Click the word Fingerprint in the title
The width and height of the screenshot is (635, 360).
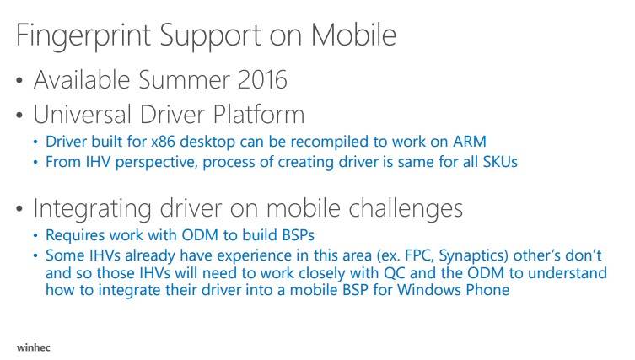click(x=83, y=35)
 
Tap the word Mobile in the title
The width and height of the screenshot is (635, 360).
click(x=353, y=35)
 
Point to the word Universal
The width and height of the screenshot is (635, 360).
click(x=82, y=114)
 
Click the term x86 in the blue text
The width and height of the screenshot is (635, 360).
click(x=164, y=142)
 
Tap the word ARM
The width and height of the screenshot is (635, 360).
click(x=470, y=142)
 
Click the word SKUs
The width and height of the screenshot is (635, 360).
click(x=500, y=162)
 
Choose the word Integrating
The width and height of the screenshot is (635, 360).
click(x=92, y=209)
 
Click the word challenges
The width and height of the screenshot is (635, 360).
click(x=406, y=209)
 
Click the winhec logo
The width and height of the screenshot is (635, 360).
click(x=34, y=347)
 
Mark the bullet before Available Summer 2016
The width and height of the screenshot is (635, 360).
click(x=19, y=80)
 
